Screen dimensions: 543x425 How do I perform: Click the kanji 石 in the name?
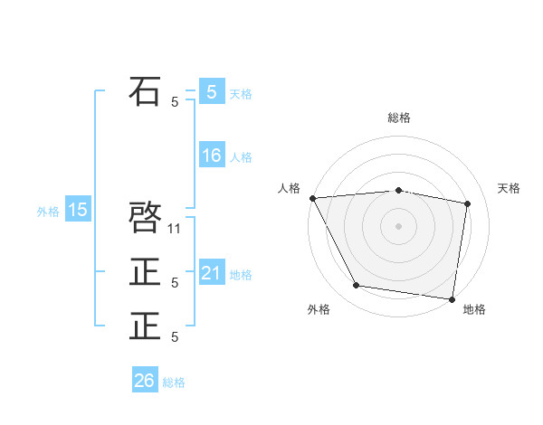pos(146,92)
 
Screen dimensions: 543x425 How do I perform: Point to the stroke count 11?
pos(176,229)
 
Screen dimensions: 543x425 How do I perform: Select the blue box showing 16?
pos(212,156)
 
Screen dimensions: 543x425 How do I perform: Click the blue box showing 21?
pos(212,273)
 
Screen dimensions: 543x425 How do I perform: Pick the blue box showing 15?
pos(78,211)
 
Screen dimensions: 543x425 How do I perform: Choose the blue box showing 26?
pos(145,381)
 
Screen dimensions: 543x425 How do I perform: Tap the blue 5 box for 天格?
pos(212,91)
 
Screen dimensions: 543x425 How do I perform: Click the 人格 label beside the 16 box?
pos(241,157)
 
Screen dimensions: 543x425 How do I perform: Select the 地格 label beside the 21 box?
pos(241,275)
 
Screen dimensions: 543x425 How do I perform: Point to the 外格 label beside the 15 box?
pos(48,212)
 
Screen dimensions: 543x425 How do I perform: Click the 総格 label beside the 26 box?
pos(174,382)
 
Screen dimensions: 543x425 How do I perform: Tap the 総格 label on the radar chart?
pos(398,118)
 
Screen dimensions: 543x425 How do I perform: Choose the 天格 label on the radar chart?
pos(510,188)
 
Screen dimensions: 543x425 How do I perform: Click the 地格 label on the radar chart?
pos(474,310)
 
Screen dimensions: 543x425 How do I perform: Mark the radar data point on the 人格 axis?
pos(312,198)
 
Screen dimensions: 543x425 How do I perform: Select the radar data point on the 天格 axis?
pos(468,203)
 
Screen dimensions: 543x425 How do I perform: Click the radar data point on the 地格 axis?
pos(452,298)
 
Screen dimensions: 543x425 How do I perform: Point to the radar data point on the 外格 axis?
pos(357,286)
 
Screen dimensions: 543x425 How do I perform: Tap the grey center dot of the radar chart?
pos(398,226)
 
